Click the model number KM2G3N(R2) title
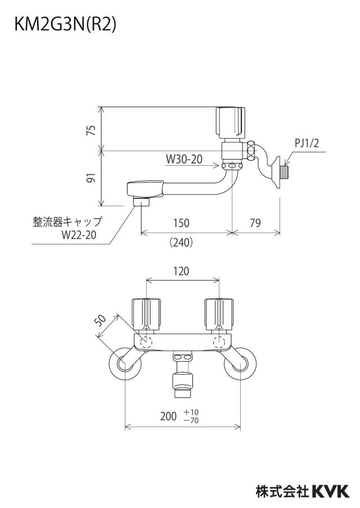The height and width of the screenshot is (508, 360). click(65, 25)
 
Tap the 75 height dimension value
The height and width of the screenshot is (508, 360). click(92, 130)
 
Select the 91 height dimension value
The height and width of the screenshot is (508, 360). click(92, 178)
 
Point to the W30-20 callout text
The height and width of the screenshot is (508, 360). click(184, 159)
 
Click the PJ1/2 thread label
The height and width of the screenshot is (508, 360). click(307, 143)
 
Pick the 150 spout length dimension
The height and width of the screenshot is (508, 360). click(181, 223)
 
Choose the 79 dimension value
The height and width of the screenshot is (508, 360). click(255, 223)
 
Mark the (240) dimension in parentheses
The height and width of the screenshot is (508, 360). click(181, 242)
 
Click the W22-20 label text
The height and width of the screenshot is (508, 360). click(79, 235)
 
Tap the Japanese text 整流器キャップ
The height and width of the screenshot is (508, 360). click(67, 222)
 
